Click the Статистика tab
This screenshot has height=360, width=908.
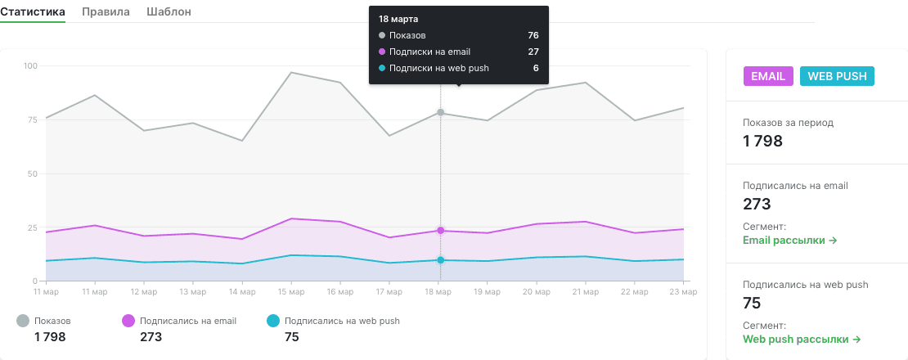(33, 11)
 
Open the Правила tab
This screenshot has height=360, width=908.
(106, 11)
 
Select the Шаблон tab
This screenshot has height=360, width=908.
(169, 11)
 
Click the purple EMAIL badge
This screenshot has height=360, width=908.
(768, 76)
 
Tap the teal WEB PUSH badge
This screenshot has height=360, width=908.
(837, 76)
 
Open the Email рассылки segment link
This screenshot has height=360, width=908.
(790, 241)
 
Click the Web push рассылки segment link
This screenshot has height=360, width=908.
(802, 339)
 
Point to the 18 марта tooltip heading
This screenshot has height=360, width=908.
(398, 19)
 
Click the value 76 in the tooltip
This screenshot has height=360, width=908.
(533, 35)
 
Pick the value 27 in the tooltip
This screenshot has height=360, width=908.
(533, 52)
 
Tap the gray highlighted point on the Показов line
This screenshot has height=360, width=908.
(441, 112)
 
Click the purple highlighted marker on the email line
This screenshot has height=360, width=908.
(441, 231)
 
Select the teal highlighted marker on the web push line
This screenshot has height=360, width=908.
(441, 260)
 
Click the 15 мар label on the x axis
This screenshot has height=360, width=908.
(290, 292)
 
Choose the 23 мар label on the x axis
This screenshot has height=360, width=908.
(683, 292)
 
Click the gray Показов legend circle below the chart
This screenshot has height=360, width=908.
(23, 321)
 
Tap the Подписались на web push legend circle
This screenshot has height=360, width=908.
(272, 321)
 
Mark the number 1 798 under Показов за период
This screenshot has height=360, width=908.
(762, 141)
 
